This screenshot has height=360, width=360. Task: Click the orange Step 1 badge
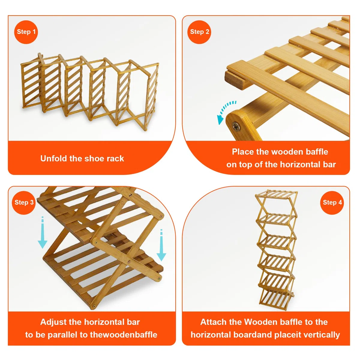[26, 32]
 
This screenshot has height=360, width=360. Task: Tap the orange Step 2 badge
[199, 32]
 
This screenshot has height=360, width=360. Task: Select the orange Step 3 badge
[24, 203]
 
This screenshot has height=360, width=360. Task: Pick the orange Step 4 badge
[332, 203]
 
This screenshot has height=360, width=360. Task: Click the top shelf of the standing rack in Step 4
[276, 195]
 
